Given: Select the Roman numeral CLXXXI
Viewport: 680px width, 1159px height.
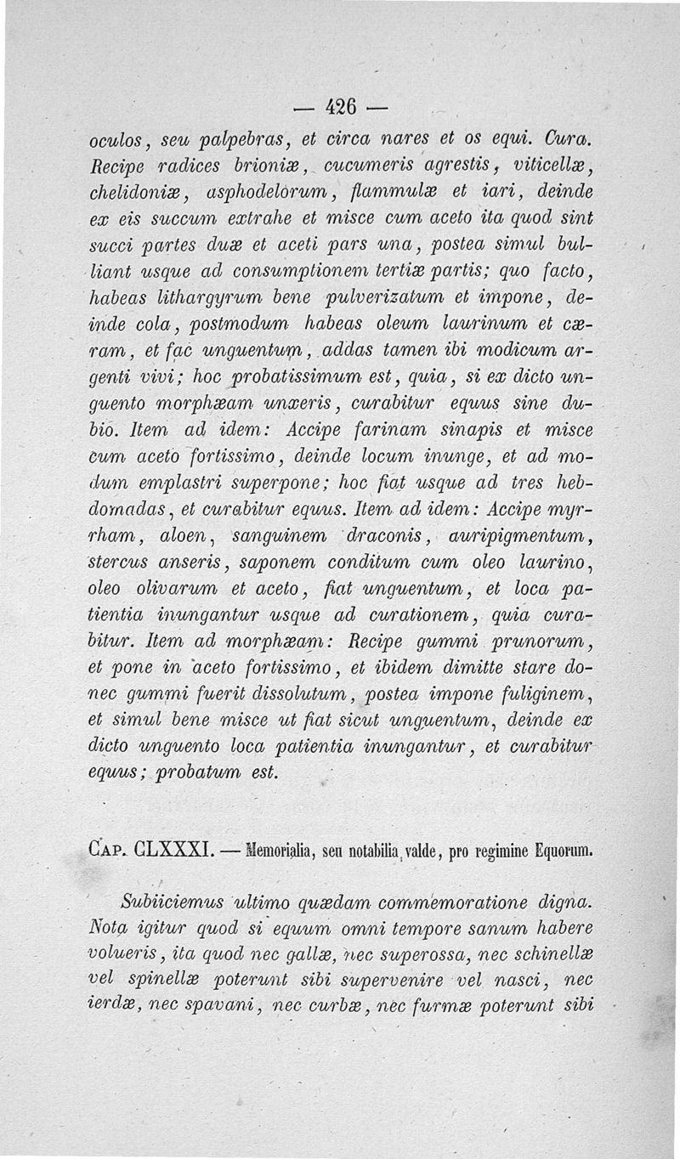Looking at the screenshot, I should pos(170,849).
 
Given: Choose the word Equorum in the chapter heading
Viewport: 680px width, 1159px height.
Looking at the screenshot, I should pos(556,849).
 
